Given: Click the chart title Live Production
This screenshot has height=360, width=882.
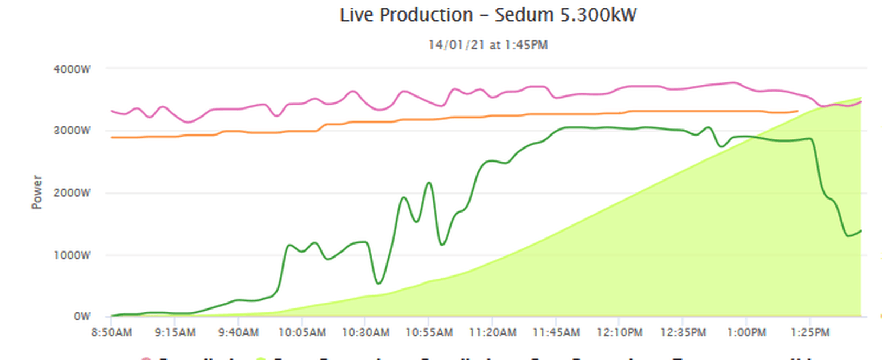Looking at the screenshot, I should pyautogui.click(x=406, y=15).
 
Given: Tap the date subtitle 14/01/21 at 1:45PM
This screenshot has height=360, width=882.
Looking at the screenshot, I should pyautogui.click(x=488, y=45).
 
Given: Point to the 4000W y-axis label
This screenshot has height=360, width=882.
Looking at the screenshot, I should pyautogui.click(x=72, y=69).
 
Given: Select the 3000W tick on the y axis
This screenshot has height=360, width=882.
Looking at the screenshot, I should pyautogui.click(x=72, y=131).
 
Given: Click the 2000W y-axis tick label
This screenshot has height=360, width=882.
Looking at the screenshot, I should pyautogui.click(x=72, y=193).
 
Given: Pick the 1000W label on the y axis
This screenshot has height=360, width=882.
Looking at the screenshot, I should pyautogui.click(x=72, y=255).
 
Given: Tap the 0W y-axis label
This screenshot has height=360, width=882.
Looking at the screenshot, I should pyautogui.click(x=82, y=317).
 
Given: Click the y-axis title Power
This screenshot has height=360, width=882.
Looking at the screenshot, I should pyautogui.click(x=37, y=192).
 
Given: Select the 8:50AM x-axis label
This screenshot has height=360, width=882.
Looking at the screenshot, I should pyautogui.click(x=111, y=332).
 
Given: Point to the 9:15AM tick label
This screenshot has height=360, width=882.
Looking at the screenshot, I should pyautogui.click(x=175, y=332).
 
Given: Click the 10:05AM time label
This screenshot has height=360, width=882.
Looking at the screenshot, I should pyautogui.click(x=302, y=332).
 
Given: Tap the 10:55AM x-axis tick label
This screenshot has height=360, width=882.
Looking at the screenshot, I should pyautogui.click(x=429, y=332).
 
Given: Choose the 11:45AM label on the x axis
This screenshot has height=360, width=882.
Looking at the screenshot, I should pyautogui.click(x=556, y=332).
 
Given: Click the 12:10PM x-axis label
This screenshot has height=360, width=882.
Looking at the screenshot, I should pyautogui.click(x=620, y=332).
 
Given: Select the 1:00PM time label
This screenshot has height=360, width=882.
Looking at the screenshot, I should pyautogui.click(x=746, y=332).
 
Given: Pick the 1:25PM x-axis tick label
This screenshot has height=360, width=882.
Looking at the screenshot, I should pyautogui.click(x=810, y=332).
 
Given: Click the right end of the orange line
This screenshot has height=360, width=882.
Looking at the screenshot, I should pyautogui.click(x=797, y=111).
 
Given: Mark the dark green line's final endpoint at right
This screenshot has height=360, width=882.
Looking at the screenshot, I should pyautogui.click(x=861, y=231).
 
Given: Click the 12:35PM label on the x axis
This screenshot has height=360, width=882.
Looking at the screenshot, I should pyautogui.click(x=683, y=332).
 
